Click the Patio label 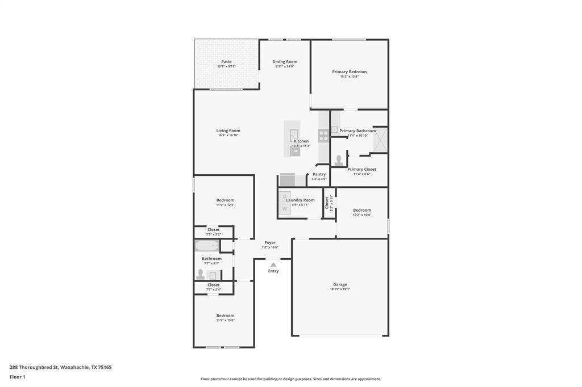pyautogui.click(x=226, y=62)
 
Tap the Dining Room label pyautogui.click(x=285, y=62)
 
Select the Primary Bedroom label pyautogui.click(x=349, y=72)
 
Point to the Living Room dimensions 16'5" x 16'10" pyautogui.click(x=228, y=136)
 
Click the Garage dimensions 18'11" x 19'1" pyautogui.click(x=340, y=289)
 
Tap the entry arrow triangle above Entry pyautogui.click(x=273, y=264)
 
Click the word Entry pyautogui.click(x=273, y=271)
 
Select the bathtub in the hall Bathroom pyautogui.click(x=207, y=246)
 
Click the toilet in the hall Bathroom pyautogui.click(x=200, y=274)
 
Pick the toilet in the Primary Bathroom pyautogui.click(x=339, y=161)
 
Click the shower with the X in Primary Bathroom pyautogui.click(x=380, y=140)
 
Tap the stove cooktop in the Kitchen pyautogui.click(x=323, y=136)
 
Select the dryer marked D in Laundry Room pyautogui.click(x=285, y=197)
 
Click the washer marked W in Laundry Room pyautogui.click(x=285, y=209)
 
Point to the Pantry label pyautogui.click(x=319, y=174)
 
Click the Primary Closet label pyautogui.click(x=361, y=169)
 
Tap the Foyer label pyautogui.click(x=270, y=242)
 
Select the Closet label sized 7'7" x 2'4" pyautogui.click(x=213, y=285)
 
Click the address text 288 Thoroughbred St pyautogui.click(x=34, y=367)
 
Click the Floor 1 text pyautogui.click(x=18, y=377)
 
